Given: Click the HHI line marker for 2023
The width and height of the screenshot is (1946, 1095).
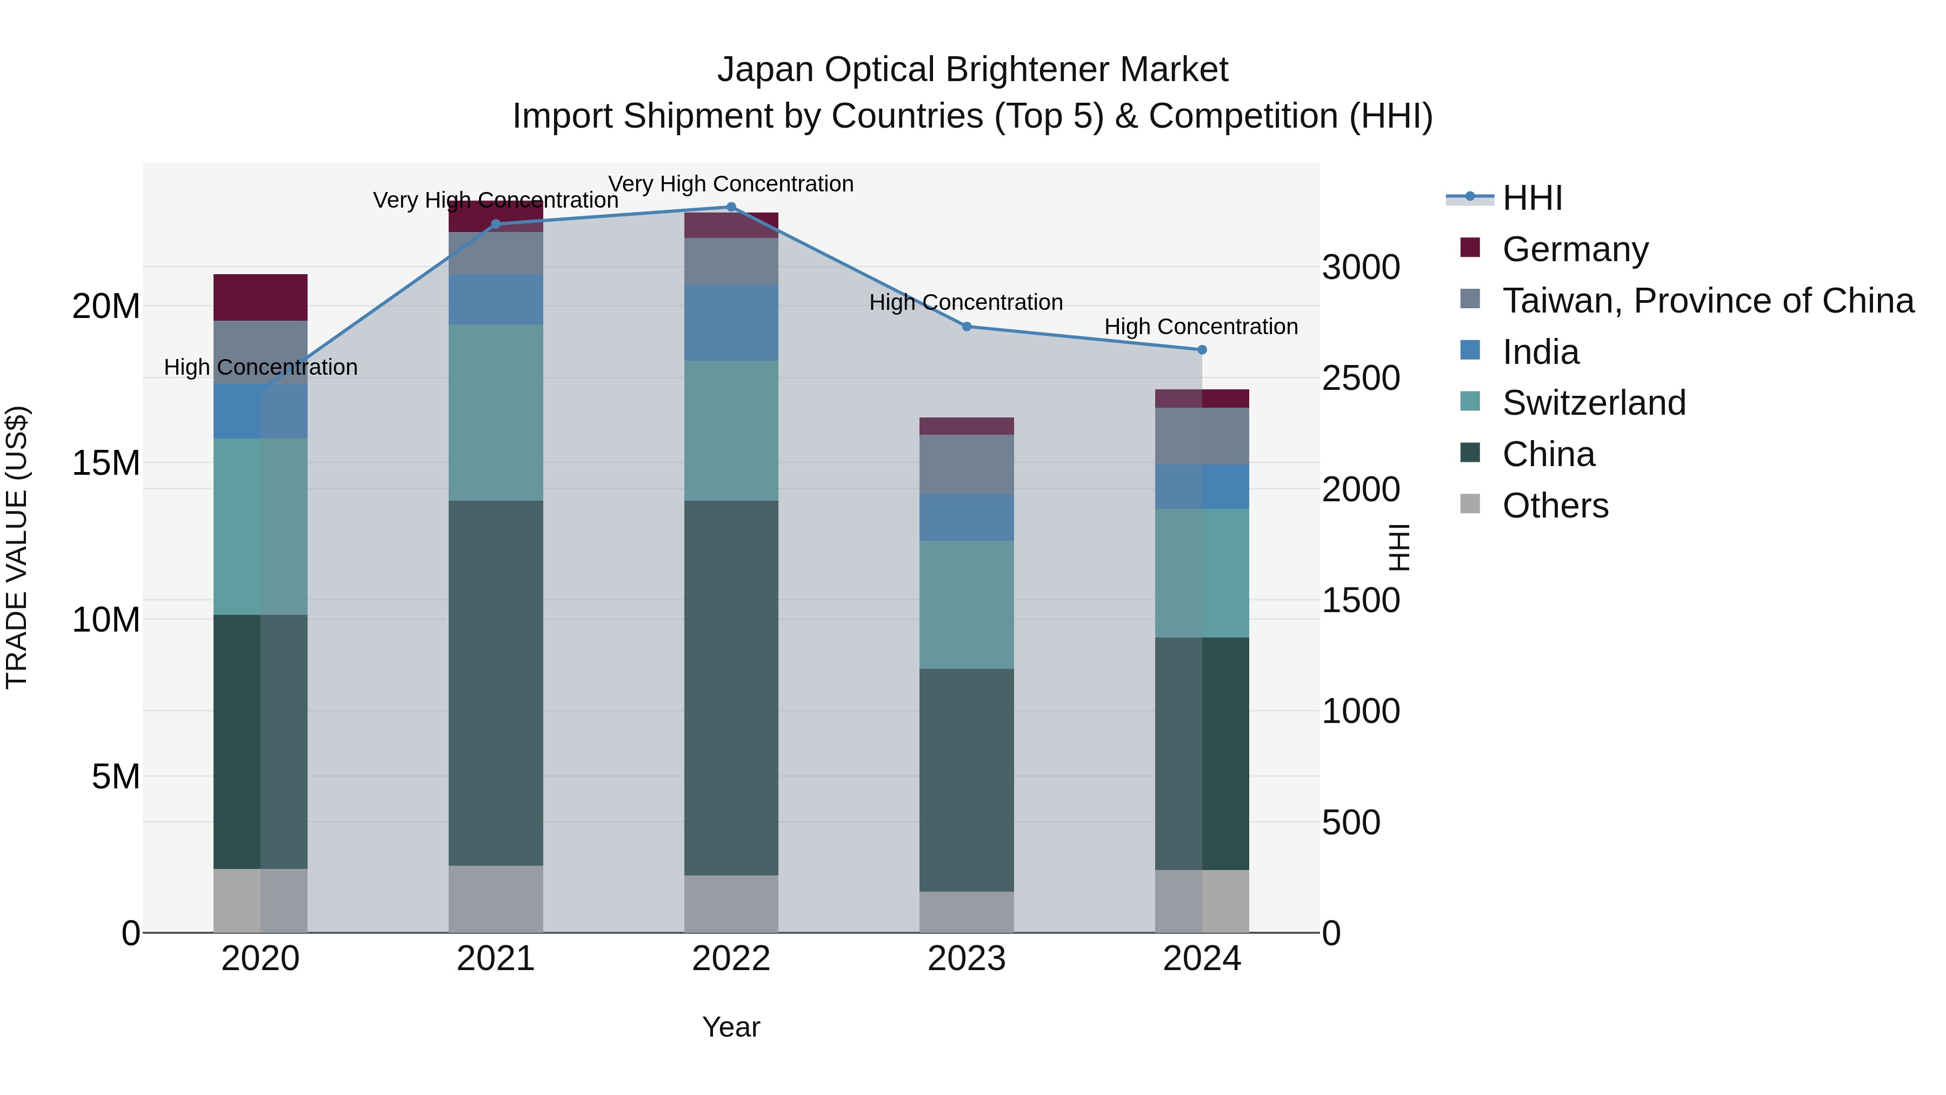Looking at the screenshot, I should click(966, 327).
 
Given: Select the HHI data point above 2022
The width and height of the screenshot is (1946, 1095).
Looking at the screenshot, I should click(730, 207).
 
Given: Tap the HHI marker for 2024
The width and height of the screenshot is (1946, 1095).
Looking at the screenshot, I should click(1202, 350).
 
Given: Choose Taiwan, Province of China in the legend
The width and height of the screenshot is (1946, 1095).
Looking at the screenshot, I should click(1707, 301).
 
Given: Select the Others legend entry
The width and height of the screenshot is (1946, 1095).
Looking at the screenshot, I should click(1555, 506).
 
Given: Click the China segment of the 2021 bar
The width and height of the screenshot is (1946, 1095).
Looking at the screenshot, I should click(496, 682).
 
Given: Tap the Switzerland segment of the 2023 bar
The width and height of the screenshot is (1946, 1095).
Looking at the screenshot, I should click(966, 605).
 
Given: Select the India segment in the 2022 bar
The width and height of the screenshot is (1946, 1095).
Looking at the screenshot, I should click(730, 323).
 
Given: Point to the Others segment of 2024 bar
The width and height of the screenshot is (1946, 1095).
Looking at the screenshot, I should click(1202, 901).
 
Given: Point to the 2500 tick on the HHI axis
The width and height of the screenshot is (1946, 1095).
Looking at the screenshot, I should click(1361, 379).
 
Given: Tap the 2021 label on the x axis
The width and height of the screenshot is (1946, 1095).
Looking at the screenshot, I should click(496, 959).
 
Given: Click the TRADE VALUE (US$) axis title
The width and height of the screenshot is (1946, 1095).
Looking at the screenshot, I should click(17, 547).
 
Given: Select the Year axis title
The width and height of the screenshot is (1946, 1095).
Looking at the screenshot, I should click(730, 1027).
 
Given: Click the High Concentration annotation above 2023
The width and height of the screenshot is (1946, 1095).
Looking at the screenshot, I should click(965, 302).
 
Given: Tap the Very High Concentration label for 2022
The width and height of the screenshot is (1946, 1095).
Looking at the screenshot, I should click(730, 184).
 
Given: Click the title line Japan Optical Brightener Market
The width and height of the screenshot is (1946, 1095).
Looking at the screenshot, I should click(972, 70).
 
